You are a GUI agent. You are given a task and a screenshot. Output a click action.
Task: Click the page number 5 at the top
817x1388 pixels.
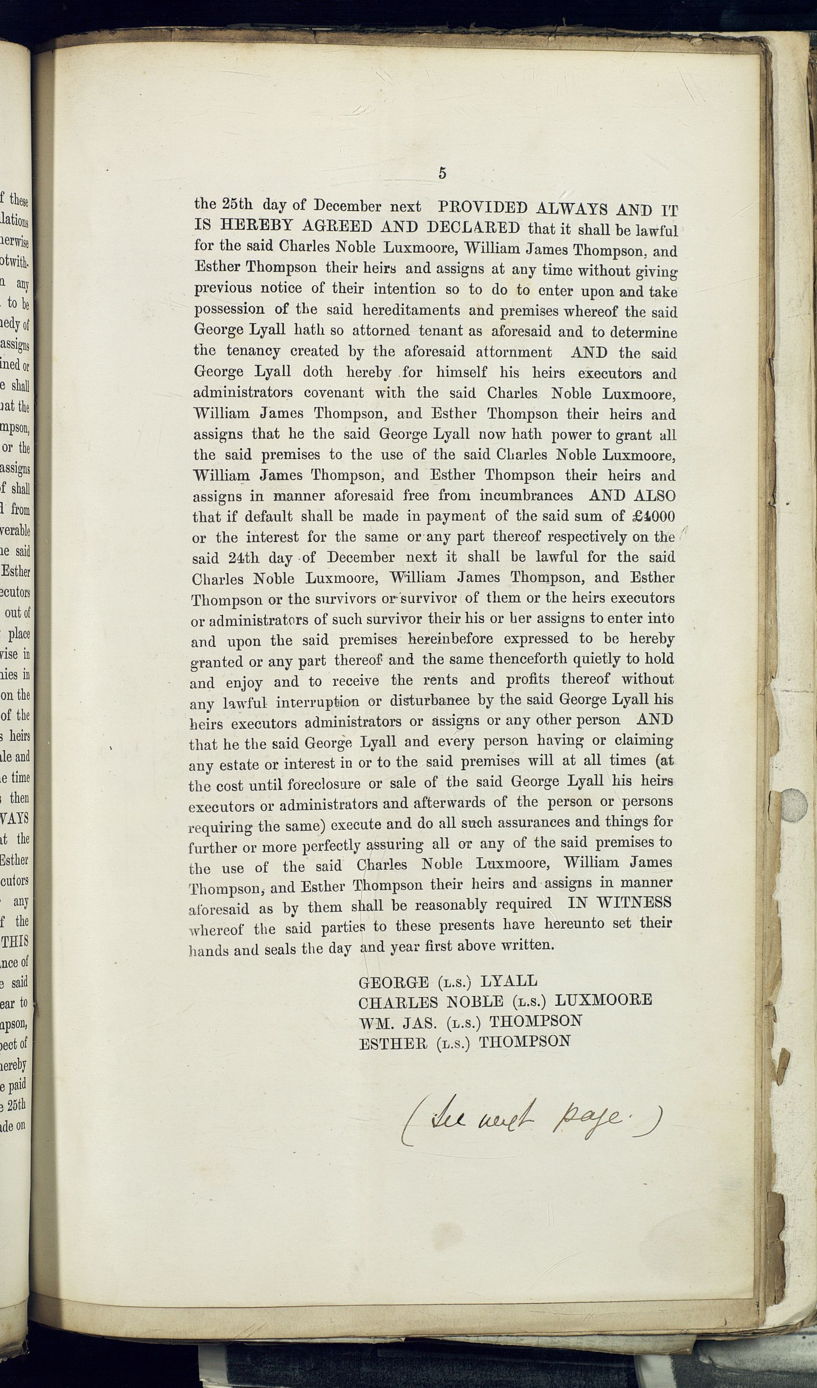[x=442, y=173]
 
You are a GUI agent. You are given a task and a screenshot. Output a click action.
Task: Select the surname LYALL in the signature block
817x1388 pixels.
[x=509, y=981]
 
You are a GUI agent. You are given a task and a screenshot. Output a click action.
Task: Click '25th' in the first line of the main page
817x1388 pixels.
[x=237, y=204]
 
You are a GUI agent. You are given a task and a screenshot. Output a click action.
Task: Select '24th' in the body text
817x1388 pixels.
[x=243, y=558]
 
